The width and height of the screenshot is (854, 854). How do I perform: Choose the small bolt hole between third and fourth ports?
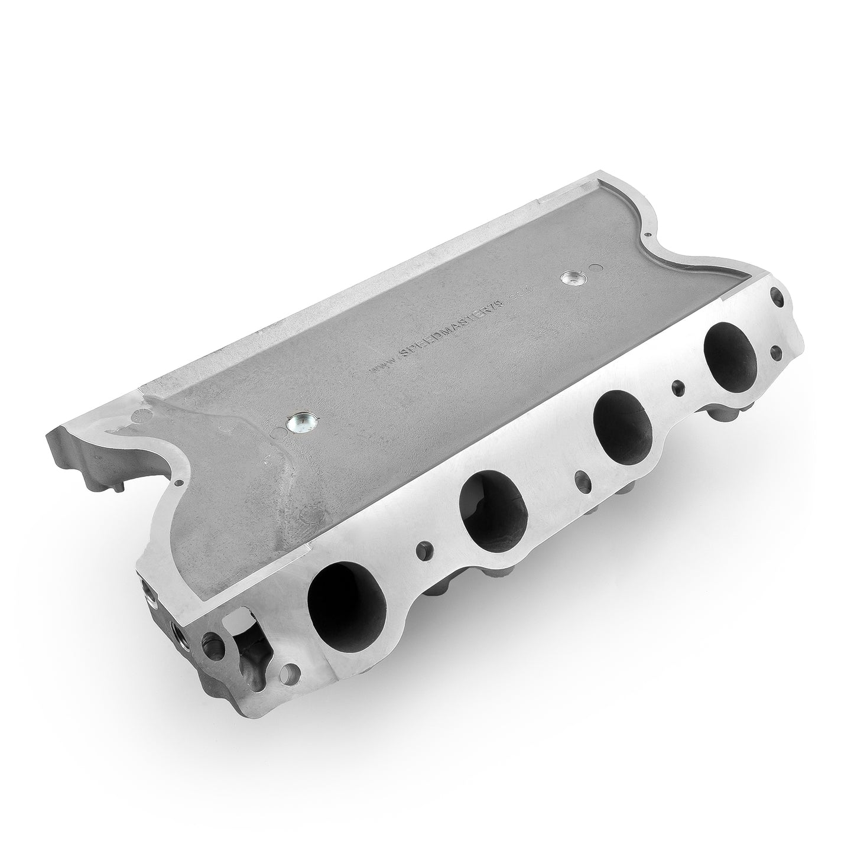677,388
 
